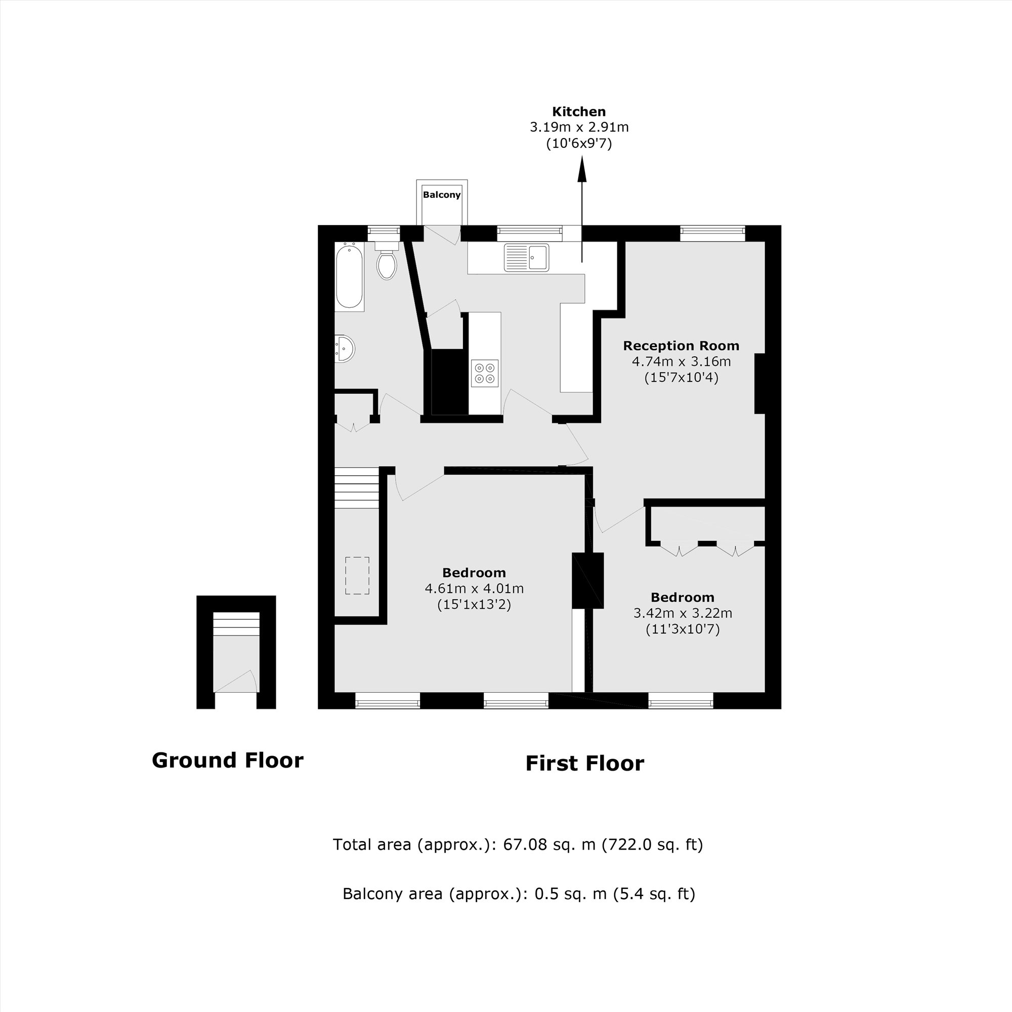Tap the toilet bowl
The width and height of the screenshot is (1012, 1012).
click(x=387, y=265)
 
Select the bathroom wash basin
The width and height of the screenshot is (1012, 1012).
click(x=345, y=348)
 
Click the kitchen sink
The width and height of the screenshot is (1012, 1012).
click(x=526, y=258)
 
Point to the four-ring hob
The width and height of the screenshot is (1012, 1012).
click(x=484, y=373)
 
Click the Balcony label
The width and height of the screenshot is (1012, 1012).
click(x=442, y=195)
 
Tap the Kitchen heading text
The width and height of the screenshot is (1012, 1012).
click(x=579, y=111)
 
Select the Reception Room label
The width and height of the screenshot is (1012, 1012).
click(x=681, y=346)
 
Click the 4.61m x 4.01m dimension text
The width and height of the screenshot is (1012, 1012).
click(x=474, y=588)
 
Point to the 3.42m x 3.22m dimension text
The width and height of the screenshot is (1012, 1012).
click(x=683, y=613)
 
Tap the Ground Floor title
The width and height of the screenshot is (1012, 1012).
click(x=227, y=761)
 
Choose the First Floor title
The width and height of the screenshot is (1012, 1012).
click(x=584, y=764)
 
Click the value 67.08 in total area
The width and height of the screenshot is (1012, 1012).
click(x=524, y=845)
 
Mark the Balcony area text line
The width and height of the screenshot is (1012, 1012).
click(x=519, y=894)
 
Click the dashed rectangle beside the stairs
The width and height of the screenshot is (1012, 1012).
click(x=357, y=575)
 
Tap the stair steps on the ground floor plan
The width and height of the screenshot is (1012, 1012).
click(x=236, y=624)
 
